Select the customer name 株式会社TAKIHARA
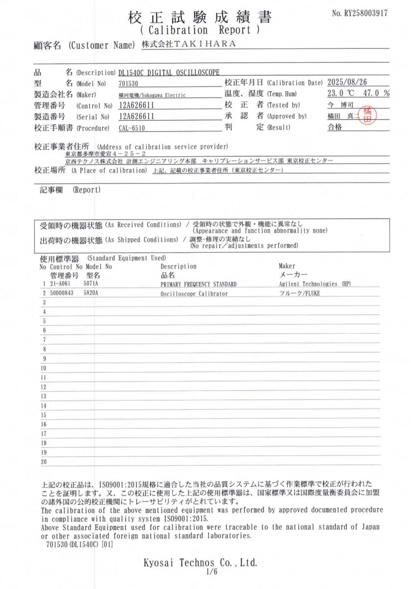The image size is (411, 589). tap(189, 44)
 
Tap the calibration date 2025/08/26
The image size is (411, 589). tap(351, 82)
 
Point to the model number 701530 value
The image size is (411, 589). tap(128, 83)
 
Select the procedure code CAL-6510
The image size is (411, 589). tap(132, 128)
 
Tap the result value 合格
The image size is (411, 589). tap(335, 127)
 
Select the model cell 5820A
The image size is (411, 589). tap(91, 293)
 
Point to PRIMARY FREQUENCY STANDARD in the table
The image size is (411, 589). tap(198, 284)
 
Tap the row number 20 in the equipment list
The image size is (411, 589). tap(43, 461)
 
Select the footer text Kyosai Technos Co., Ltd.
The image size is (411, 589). tap(200, 562)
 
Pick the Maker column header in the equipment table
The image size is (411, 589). tap(287, 266)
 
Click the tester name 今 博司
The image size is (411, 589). tap(337, 105)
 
